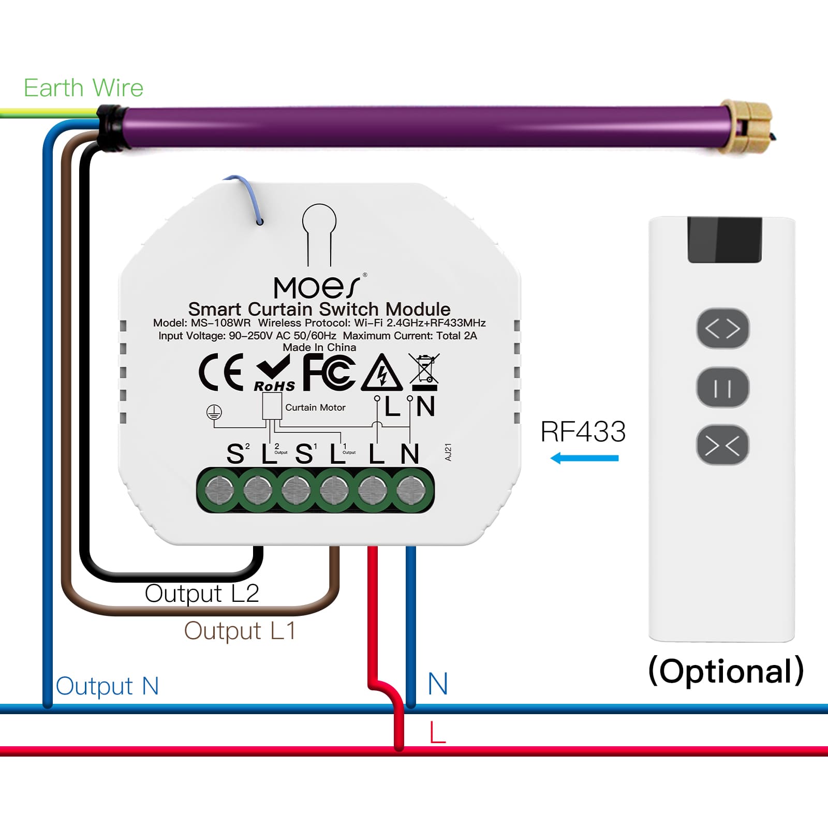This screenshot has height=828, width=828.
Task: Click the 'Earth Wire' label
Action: point(83,88)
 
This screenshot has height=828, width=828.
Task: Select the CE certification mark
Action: point(221,372)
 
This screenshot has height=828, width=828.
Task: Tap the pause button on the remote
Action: point(722,388)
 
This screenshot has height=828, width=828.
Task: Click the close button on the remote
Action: point(722,445)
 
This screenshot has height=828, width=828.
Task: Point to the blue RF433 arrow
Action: point(584,458)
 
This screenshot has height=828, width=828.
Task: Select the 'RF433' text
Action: point(583,432)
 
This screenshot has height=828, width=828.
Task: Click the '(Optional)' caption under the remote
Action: point(726,671)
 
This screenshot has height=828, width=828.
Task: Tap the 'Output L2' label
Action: point(202,594)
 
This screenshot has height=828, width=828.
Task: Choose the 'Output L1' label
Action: point(240,631)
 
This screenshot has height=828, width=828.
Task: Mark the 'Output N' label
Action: point(107,686)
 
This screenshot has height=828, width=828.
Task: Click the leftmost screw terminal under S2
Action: point(220,490)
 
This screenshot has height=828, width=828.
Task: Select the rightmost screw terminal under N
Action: point(411,490)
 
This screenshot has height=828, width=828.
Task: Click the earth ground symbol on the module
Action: point(214,413)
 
